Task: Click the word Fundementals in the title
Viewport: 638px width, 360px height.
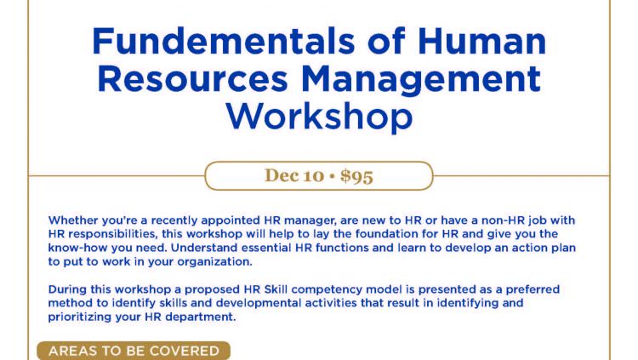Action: click(224, 41)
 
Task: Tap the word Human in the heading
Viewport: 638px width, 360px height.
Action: click(481, 41)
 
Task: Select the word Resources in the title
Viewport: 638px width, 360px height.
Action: click(192, 78)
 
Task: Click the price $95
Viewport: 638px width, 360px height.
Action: click(356, 176)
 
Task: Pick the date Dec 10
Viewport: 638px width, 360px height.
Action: click(294, 176)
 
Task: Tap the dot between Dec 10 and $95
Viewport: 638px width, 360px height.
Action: click(332, 176)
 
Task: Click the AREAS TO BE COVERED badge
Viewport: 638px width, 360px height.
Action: click(134, 351)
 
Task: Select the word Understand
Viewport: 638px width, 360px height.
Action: click(202, 248)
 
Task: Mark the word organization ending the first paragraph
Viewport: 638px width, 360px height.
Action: click(214, 262)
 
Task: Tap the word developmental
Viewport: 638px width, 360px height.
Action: click(259, 303)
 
